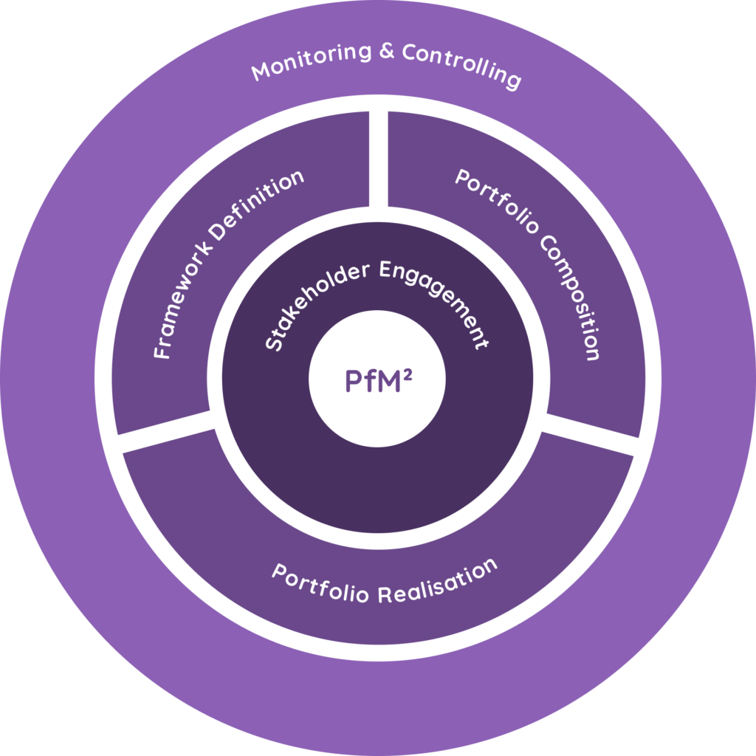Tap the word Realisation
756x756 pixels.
(436, 583)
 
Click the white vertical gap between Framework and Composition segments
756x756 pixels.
(378, 159)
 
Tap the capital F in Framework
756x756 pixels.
(162, 350)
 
